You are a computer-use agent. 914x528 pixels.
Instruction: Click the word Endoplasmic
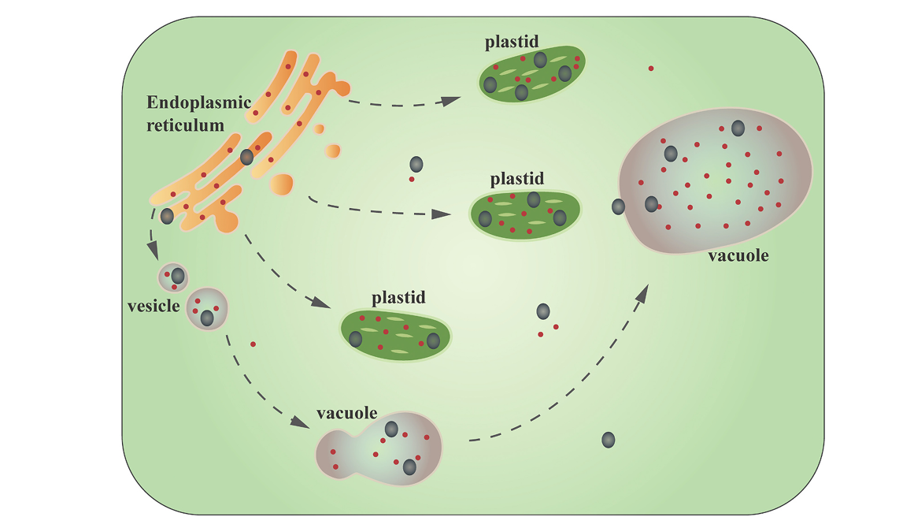(198, 102)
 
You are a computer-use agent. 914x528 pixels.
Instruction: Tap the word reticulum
(185, 125)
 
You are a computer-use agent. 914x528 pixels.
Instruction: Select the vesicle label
(154, 306)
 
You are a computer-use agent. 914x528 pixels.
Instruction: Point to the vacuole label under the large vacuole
(738, 256)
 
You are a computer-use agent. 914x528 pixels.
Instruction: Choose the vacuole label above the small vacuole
(347, 413)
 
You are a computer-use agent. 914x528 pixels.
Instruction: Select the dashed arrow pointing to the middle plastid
(378, 210)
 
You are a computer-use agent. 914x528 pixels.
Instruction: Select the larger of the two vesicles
(206, 309)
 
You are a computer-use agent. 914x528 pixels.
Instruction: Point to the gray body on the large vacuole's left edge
(619, 206)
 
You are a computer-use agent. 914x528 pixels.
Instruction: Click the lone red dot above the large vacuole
(651, 69)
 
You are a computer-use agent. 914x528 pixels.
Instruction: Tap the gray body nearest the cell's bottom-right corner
(609, 440)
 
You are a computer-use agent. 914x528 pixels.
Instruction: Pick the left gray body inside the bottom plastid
(356, 340)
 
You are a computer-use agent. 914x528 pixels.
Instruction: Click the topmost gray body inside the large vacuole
(738, 128)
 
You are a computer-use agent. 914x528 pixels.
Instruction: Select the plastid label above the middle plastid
(516, 180)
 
